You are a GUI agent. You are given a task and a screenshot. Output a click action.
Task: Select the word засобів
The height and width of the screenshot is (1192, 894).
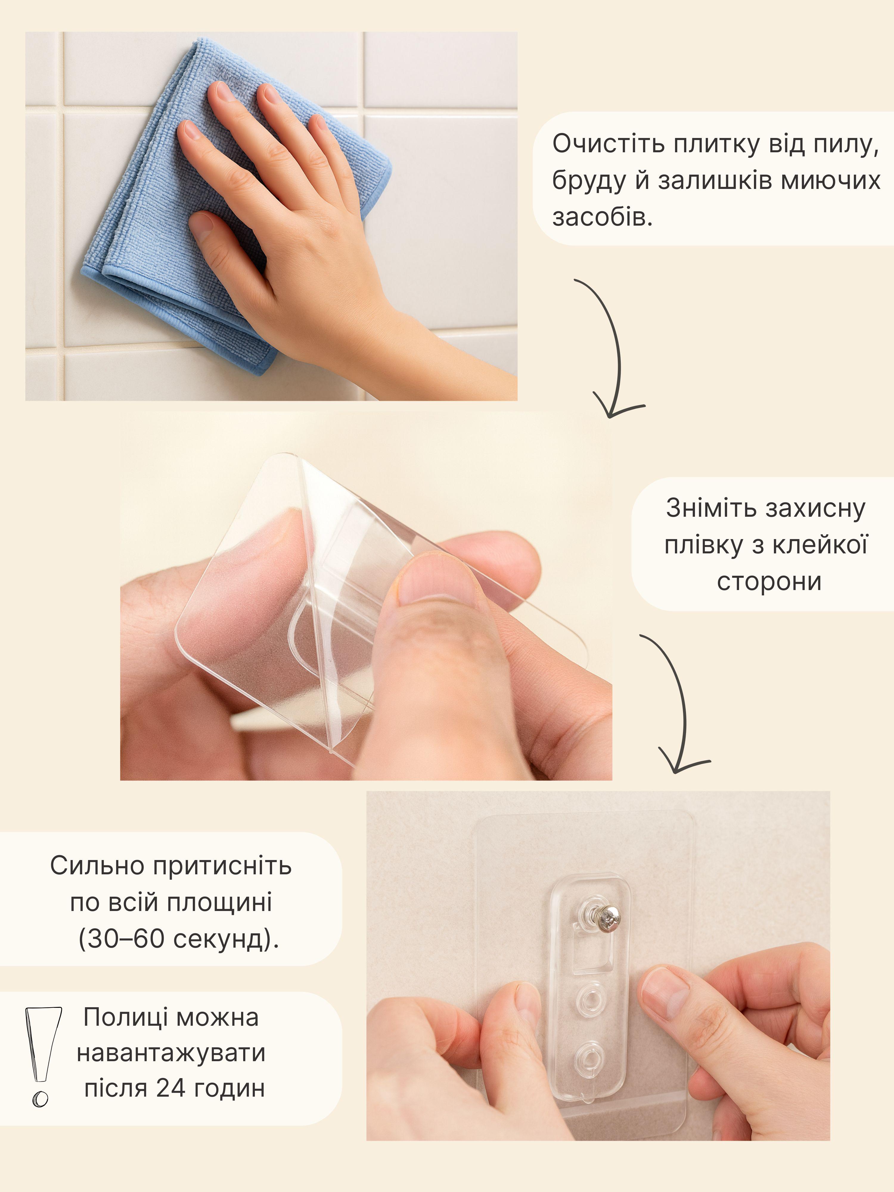(x=602, y=217)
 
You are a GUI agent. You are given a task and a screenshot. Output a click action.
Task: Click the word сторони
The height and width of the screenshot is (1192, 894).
(x=769, y=582)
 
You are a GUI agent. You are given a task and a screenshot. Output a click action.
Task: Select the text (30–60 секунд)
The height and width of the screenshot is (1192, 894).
(x=179, y=939)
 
